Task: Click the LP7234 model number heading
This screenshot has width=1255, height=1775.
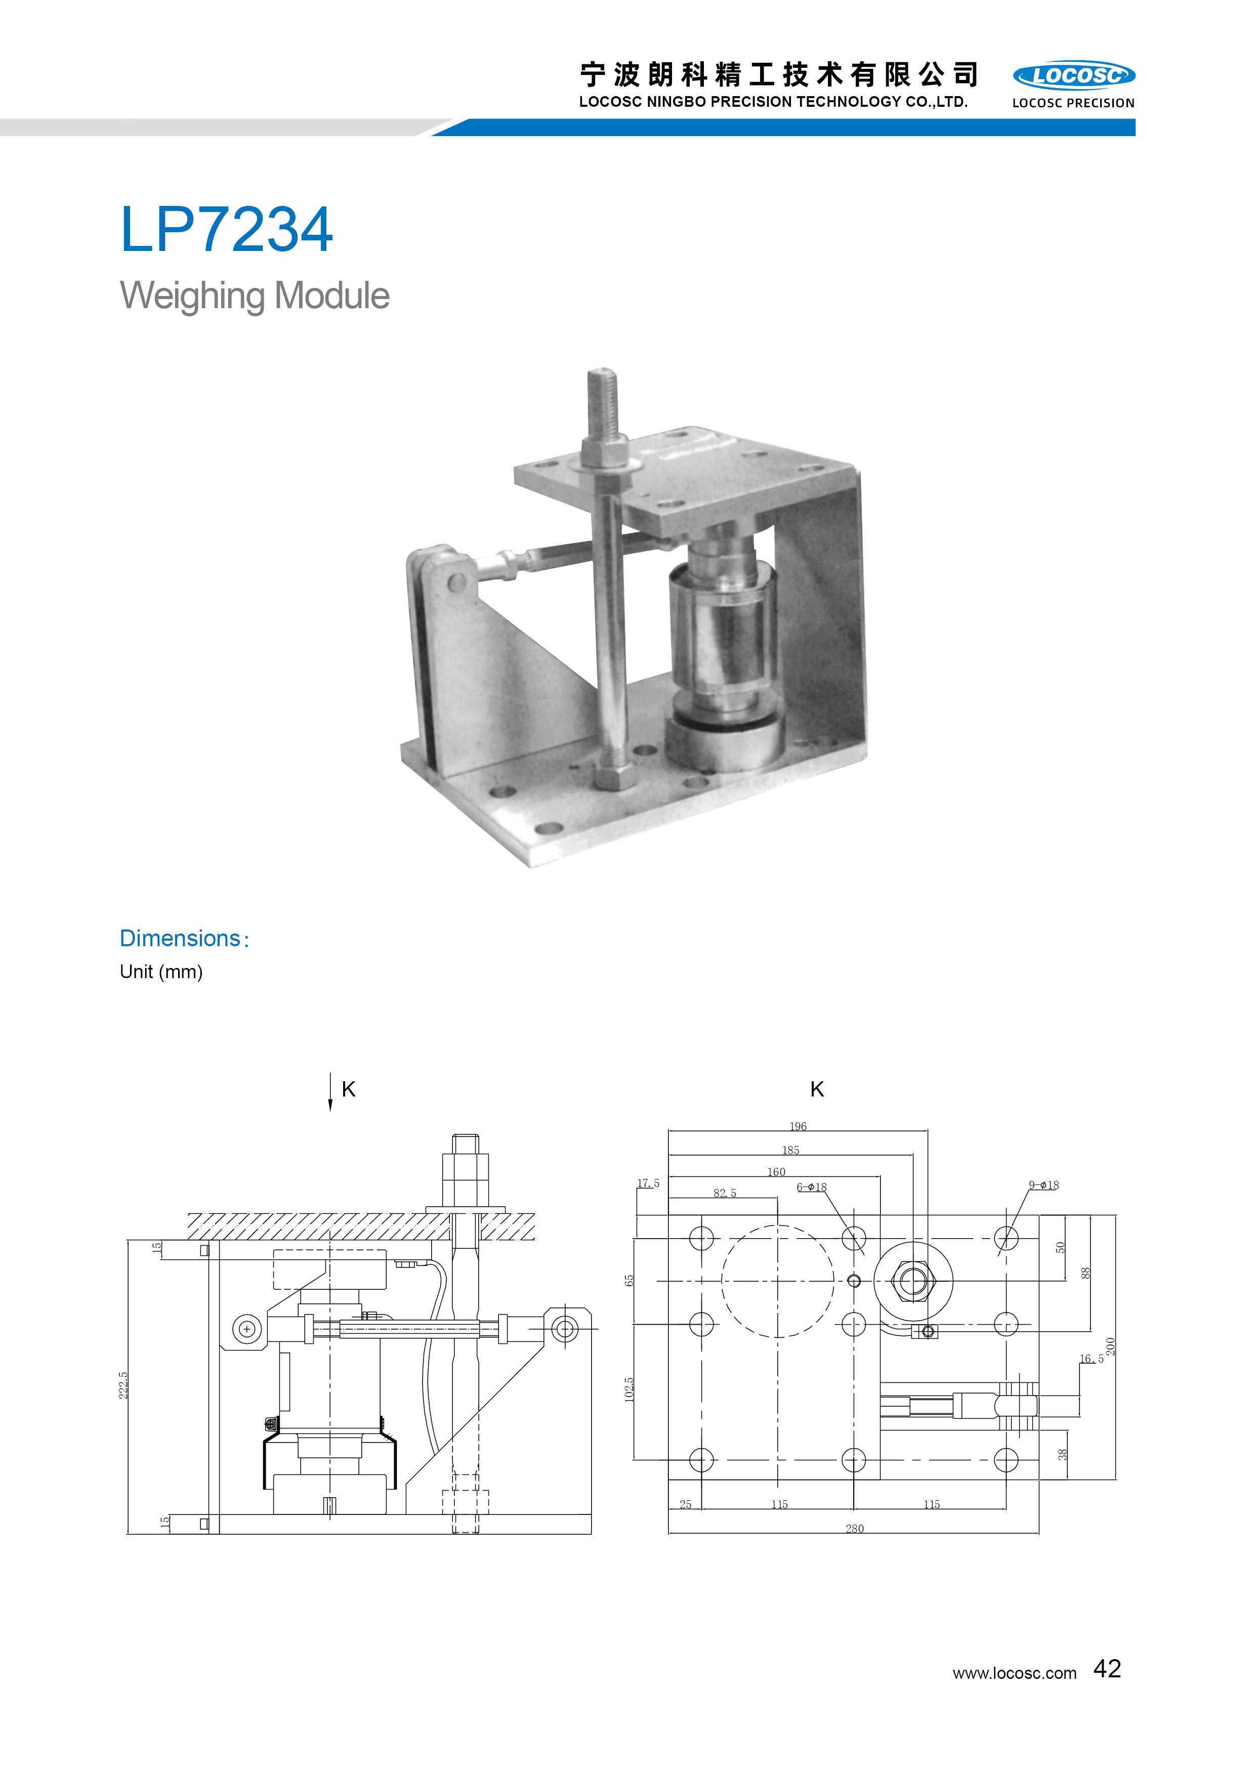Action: pyautogui.click(x=226, y=230)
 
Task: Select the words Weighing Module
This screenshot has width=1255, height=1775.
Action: pyautogui.click(x=255, y=295)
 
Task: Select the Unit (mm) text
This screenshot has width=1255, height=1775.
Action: pyautogui.click(x=161, y=972)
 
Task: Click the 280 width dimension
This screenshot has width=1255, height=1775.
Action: pyautogui.click(x=854, y=1529)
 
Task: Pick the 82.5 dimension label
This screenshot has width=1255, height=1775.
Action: pyautogui.click(x=725, y=1193)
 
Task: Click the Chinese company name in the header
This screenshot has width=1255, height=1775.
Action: pyautogui.click(x=779, y=75)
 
